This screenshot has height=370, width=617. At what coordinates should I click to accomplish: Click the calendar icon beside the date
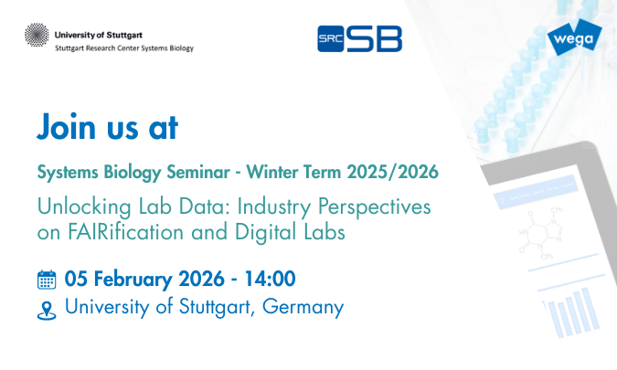tap(47, 279)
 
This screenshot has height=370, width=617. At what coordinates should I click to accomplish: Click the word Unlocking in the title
tap(80, 206)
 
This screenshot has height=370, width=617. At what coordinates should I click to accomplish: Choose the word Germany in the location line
tap(303, 307)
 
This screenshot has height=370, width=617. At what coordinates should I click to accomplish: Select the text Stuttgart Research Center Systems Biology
tap(124, 48)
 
